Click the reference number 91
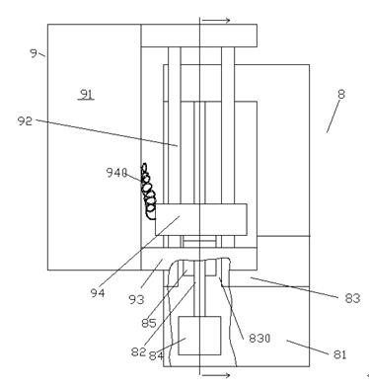pos(87,95)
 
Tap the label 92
pos(25,121)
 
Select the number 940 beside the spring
pos(116,173)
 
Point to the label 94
pos(98,293)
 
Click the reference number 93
pos(136,299)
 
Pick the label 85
pos(149,323)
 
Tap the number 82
pos(138,351)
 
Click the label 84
pos(156,355)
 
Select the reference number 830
pos(259,338)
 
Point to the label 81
pos(340,354)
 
